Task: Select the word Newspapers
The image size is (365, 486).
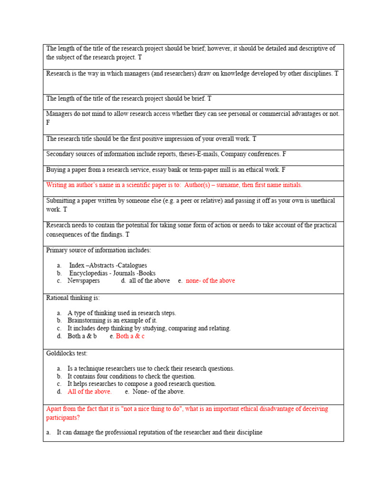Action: tap(84, 281)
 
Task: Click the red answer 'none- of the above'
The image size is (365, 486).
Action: tap(210, 281)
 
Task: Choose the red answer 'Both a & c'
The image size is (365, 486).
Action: tap(130, 336)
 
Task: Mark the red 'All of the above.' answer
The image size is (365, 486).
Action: tap(89, 392)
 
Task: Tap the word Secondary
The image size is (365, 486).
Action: tap(60, 154)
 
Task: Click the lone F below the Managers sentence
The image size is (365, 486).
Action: tap(48, 122)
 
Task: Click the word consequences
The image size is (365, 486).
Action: tap(65, 234)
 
